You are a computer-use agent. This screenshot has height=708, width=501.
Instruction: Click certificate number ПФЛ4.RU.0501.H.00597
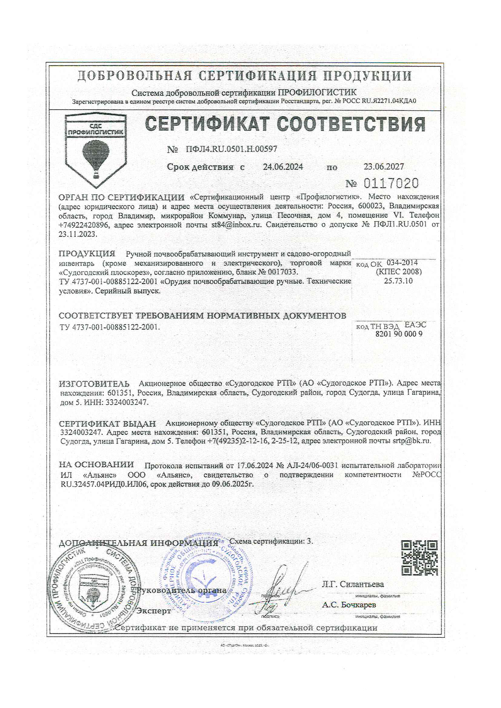pos(231,149)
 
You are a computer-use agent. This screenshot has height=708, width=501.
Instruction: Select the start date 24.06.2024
pos(283,167)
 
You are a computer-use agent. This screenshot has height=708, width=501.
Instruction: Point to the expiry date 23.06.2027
pos(383,167)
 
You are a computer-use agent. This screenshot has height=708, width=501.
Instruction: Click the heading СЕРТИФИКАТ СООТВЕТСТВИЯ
pos(285,124)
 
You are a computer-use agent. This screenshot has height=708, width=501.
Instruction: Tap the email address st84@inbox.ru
pos(236,225)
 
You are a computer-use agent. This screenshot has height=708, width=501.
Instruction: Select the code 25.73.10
pos(398,281)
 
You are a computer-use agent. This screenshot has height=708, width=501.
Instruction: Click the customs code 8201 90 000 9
pos(399,334)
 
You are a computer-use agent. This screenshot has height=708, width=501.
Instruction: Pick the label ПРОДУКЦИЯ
pos(87,254)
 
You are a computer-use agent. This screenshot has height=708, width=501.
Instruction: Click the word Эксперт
pos(154,611)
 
